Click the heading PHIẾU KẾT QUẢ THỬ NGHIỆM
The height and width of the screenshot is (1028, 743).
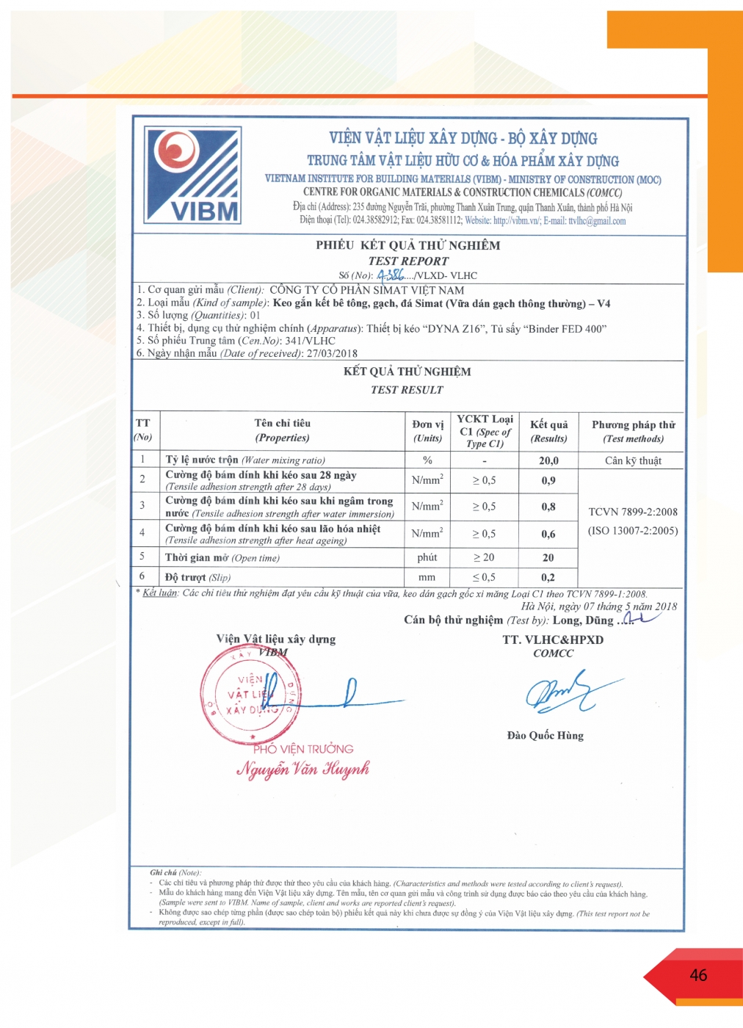407,245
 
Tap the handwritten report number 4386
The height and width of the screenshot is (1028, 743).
391,275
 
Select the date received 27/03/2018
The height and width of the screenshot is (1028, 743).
332,353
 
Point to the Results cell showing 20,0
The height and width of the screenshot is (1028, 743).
548,460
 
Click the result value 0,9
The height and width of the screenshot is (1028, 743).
548,480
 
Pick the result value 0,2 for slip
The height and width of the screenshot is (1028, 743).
548,577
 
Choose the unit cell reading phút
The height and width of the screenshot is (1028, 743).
427,557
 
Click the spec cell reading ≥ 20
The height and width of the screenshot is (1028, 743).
484,557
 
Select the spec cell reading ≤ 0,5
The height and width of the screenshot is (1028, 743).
484,577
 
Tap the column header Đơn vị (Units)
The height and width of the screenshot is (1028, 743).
427,431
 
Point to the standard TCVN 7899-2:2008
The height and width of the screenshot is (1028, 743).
633,512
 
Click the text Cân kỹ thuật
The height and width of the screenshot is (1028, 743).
633,460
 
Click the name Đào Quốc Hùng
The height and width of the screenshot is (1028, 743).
545,735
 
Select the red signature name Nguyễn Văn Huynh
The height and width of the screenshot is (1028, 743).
302,769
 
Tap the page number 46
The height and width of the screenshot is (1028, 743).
698,975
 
